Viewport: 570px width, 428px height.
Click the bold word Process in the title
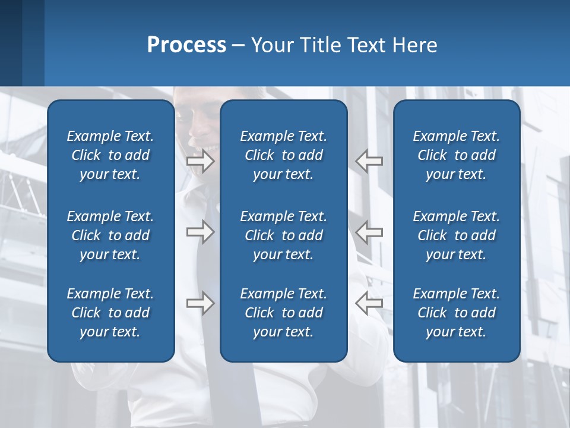(x=186, y=45)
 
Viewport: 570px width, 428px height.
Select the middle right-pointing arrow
(x=201, y=232)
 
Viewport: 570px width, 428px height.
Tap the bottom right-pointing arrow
(x=201, y=303)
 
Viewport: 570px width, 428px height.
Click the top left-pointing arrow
(x=369, y=161)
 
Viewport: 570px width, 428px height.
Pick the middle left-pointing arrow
(x=369, y=232)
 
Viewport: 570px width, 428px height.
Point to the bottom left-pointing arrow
(x=369, y=303)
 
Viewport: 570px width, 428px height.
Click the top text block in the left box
(x=110, y=155)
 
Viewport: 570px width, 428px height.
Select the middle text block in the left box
(x=110, y=235)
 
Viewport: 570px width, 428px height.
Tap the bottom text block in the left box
(x=110, y=313)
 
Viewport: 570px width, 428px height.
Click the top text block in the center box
(x=284, y=155)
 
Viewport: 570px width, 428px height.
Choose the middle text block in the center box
(x=284, y=235)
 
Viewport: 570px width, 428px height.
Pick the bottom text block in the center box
(x=284, y=313)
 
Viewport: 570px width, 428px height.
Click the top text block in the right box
(x=457, y=155)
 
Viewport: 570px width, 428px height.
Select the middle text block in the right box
(x=457, y=235)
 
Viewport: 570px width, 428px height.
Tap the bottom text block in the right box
(x=457, y=313)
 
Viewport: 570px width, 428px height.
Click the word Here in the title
(x=415, y=45)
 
